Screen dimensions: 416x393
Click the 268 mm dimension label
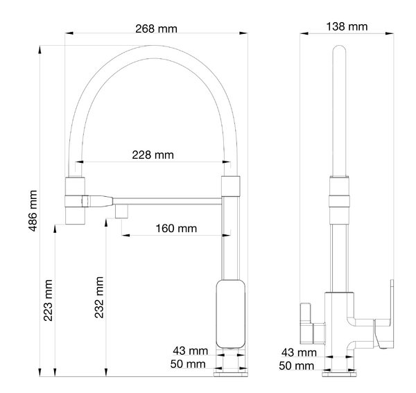156,28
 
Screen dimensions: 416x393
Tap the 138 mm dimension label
347,27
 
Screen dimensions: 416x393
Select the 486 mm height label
33,211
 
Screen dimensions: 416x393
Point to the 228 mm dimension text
153,155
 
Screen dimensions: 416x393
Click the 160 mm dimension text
176,228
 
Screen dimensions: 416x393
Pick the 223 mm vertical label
48,300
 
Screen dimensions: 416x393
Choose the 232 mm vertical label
99,297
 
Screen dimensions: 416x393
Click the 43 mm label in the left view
190,351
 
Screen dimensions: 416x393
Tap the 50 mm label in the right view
296,366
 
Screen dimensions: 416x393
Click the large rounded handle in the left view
230,314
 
